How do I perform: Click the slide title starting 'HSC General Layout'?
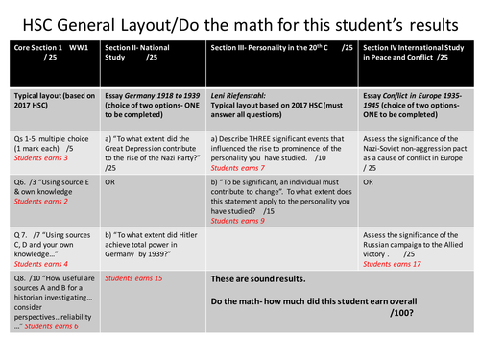(x=240, y=20)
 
